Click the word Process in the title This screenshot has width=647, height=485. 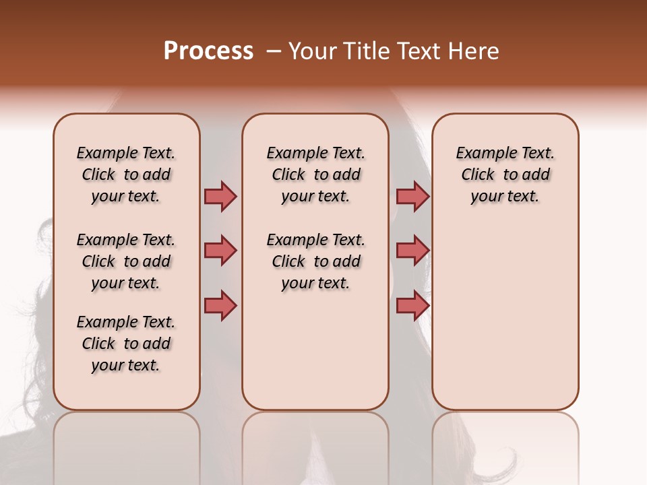(x=208, y=51)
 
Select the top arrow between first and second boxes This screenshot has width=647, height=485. (x=220, y=196)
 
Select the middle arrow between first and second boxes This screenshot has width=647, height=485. (x=220, y=251)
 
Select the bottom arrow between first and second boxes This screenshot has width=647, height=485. (x=220, y=305)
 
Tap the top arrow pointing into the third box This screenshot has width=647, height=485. (x=412, y=196)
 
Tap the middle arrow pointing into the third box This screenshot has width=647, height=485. (x=412, y=251)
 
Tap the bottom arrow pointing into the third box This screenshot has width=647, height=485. (x=412, y=305)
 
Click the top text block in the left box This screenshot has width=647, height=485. (x=126, y=174)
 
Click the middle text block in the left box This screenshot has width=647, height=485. (x=126, y=261)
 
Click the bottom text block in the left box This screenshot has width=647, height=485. (x=126, y=344)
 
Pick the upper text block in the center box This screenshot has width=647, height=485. (x=315, y=174)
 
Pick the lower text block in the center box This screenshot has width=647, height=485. (x=315, y=261)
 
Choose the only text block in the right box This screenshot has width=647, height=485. (x=505, y=174)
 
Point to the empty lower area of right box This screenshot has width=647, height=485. (x=505, y=317)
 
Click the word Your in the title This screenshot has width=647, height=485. (x=312, y=51)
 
